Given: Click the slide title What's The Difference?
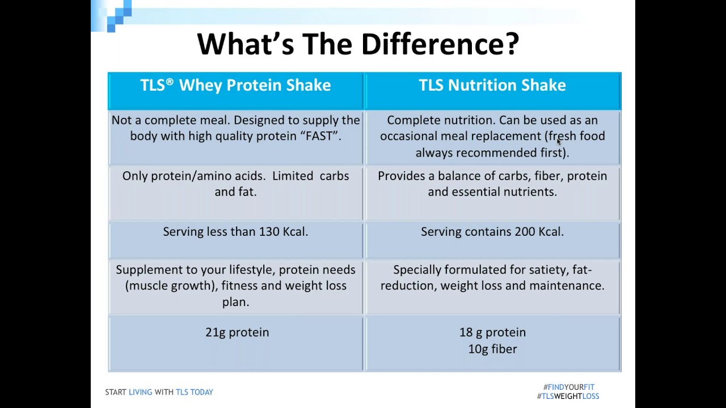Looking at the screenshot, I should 358,44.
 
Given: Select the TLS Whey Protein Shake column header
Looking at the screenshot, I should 235,86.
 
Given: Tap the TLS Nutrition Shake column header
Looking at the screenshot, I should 492,86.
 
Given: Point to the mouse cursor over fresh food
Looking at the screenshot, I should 559,142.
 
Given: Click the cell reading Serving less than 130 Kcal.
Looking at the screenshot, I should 235,232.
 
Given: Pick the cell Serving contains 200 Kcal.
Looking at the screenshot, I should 492,232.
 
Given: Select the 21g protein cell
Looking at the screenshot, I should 237,333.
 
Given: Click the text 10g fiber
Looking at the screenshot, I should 492,349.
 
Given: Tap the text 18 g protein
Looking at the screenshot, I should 492,333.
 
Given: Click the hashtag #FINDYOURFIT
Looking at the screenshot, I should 568,388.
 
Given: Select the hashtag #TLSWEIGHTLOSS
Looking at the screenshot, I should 568,397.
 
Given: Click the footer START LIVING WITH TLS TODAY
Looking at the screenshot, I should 159,392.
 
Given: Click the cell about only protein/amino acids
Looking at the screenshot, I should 235,184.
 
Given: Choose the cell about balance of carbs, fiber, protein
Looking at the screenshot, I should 492,184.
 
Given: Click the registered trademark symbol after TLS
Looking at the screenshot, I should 170,82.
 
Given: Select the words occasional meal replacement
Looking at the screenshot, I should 461,137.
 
